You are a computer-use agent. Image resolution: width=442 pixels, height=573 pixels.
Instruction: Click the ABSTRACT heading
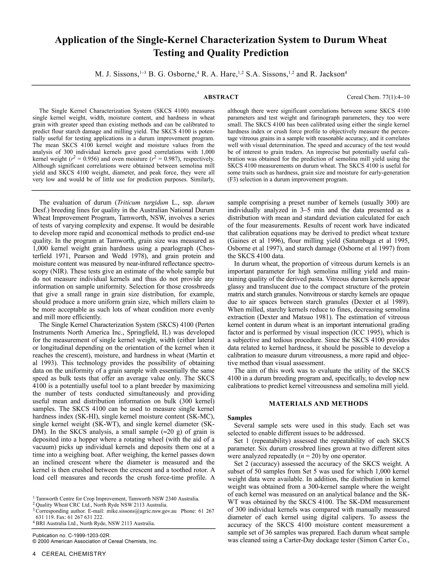pos(221,97)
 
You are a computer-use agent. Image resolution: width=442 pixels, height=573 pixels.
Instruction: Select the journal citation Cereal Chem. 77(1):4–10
pos(378,97)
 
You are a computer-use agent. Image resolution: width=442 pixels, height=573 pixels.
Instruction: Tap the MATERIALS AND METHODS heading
pos(318,403)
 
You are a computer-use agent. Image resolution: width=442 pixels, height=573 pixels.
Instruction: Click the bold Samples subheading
pos(240,418)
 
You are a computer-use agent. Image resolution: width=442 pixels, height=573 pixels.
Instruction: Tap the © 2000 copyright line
pos(95,541)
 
